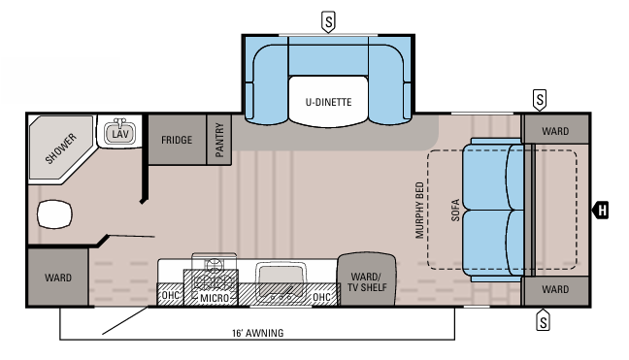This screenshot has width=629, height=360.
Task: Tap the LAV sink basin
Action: [x=119, y=133]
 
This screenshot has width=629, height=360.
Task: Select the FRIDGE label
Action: [x=177, y=140]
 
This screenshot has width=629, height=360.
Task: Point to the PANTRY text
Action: [x=220, y=140]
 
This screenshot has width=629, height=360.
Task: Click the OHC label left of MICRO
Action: [x=169, y=296]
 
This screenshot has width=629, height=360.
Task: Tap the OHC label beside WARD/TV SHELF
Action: [x=322, y=296]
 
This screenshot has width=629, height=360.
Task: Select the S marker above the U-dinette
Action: [x=330, y=20]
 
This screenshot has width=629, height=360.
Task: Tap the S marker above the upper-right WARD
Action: [x=540, y=99]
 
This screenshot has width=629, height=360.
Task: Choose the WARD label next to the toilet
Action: [x=58, y=277]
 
